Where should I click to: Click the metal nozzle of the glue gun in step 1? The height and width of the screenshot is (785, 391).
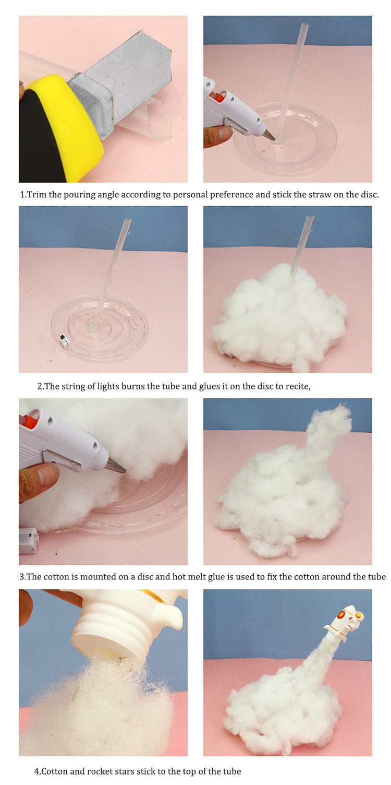[270, 135]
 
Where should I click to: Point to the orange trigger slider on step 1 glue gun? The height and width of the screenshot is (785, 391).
[217, 96]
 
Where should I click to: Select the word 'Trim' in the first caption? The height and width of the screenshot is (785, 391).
[37, 195]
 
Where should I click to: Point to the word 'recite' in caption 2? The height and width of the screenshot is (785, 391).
[297, 386]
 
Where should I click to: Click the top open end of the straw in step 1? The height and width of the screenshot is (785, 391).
[303, 25]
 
